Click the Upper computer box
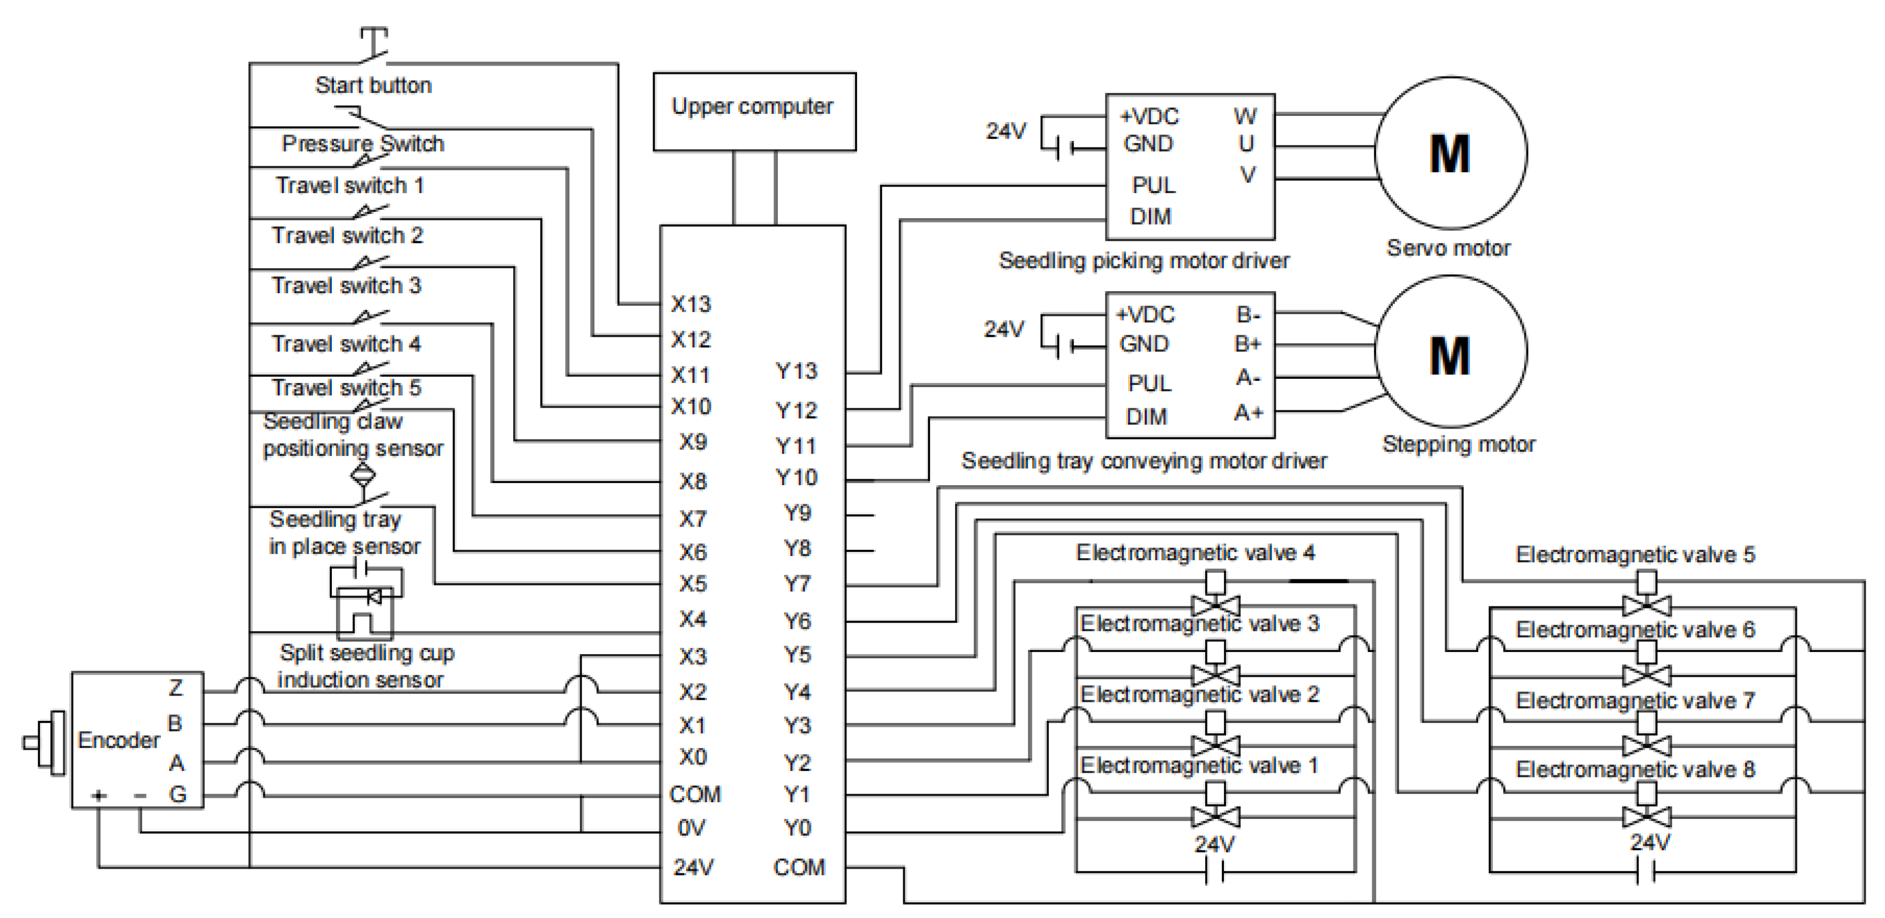[x=754, y=111]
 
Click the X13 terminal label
[x=691, y=304]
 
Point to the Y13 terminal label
[x=796, y=371]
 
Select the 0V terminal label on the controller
[x=691, y=828]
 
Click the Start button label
[x=373, y=86]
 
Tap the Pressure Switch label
[x=363, y=144]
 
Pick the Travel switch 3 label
[x=346, y=285]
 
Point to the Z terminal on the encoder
[x=176, y=688]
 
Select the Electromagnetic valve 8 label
[x=1635, y=770]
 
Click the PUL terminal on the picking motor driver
[x=1153, y=185]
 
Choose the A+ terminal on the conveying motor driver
[x=1249, y=413]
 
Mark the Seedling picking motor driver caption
[x=1144, y=261]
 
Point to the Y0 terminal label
[x=797, y=828]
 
